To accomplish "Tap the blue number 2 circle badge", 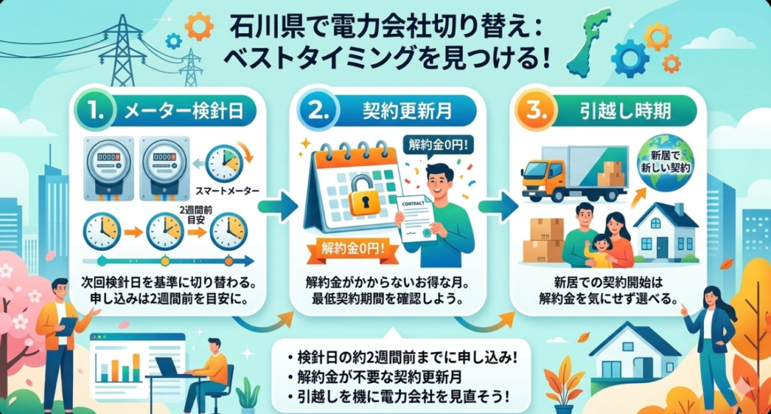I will click(x=315, y=114).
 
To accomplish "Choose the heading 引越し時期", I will click(x=625, y=115).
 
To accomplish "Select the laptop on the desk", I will click(x=168, y=367).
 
